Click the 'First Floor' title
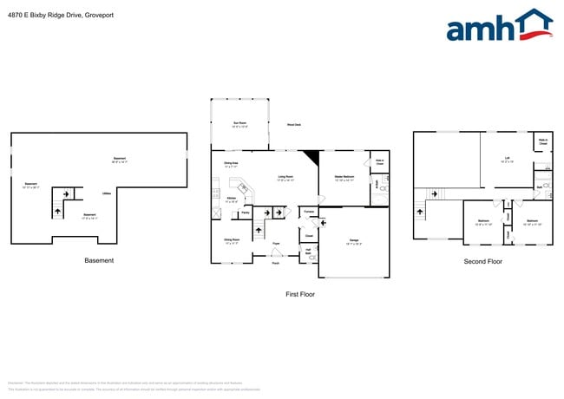click(x=299, y=294)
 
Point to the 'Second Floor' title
click(x=482, y=260)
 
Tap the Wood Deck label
click(x=294, y=125)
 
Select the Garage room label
click(x=354, y=239)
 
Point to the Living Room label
click(x=285, y=178)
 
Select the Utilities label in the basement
click(x=106, y=193)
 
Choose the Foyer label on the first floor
click(x=276, y=243)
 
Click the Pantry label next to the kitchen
click(x=246, y=212)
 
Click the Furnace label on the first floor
click(x=309, y=211)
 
